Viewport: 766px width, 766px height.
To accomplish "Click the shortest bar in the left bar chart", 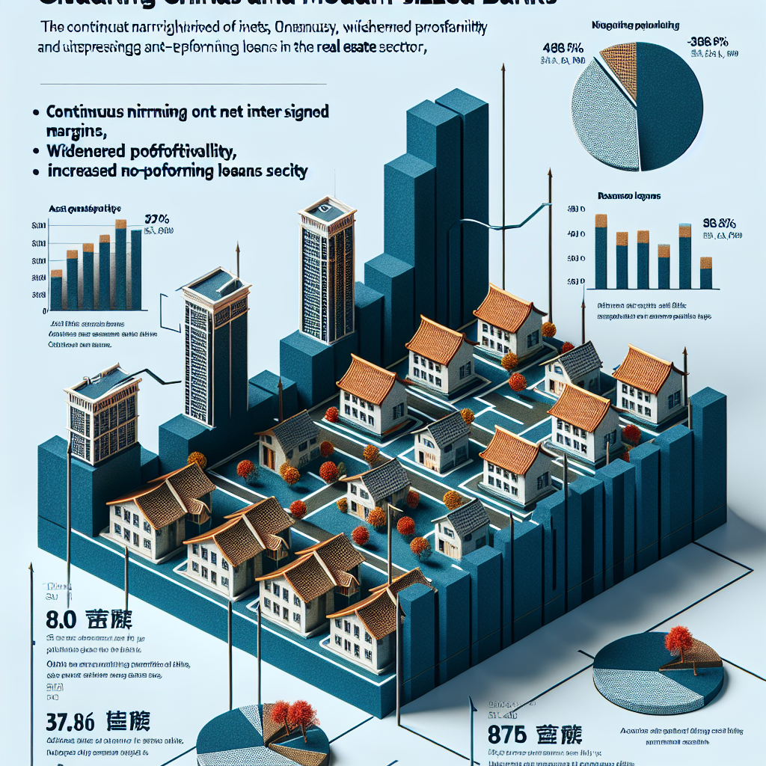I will click(x=56, y=291).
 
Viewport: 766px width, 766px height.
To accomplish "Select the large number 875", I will click(x=512, y=732).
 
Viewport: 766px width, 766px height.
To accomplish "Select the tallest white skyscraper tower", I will click(x=327, y=273).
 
